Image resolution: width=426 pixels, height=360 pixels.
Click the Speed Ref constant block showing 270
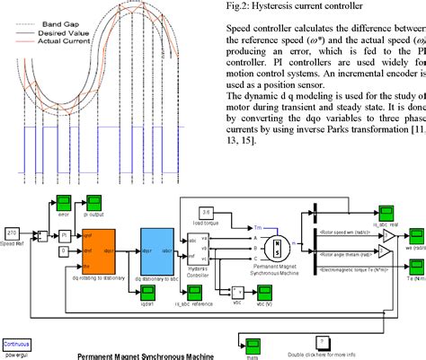point(13,232)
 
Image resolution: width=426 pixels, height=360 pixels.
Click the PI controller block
point(64,235)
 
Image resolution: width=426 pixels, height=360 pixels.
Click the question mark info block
point(320,342)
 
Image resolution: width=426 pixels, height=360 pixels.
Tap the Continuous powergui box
point(16,344)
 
